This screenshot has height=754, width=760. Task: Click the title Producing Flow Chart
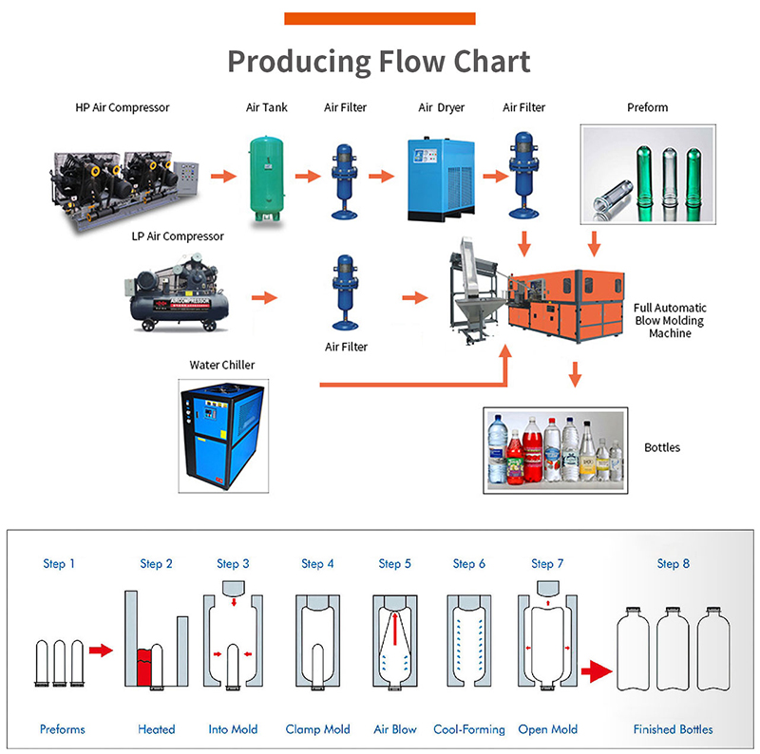coord(379,62)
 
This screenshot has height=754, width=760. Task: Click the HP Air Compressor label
coord(123,108)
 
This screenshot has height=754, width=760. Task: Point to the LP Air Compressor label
coord(178,236)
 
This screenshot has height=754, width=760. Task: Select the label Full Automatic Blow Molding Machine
coord(670,321)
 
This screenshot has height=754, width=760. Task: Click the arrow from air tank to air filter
coord(308,177)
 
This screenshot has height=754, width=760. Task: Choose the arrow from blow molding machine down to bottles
coord(573,375)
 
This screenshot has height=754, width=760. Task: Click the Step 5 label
coord(394,564)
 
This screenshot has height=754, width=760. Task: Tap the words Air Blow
coord(395,729)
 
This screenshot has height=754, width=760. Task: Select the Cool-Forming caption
coord(468,729)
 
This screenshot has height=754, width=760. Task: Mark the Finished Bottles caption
coord(673,729)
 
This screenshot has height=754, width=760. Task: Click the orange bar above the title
coord(379,18)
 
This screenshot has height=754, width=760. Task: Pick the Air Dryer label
coord(441,108)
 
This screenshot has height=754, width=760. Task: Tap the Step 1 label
coord(59,564)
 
